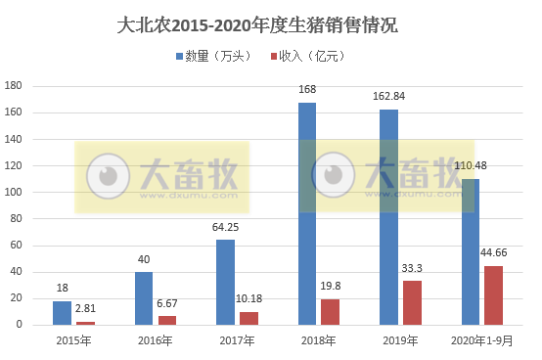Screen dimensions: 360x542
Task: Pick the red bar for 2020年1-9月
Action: (493, 294)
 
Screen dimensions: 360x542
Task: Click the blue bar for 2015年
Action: (62, 312)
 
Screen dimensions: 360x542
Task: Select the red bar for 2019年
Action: (412, 302)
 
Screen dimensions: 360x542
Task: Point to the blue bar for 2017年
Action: (225, 282)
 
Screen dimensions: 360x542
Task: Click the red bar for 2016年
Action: (166, 320)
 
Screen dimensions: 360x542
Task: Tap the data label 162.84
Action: (389, 98)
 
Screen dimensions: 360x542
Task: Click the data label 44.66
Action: (494, 254)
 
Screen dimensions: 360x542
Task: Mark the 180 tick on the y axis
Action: (14, 86)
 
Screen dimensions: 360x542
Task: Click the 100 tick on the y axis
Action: (14, 192)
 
